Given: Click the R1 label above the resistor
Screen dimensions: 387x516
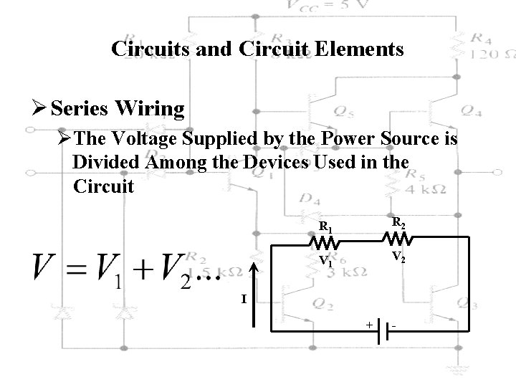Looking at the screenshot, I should coord(325,227).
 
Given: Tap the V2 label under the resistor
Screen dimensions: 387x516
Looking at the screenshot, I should coord(399,255).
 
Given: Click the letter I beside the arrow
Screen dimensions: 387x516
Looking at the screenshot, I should coord(244,298).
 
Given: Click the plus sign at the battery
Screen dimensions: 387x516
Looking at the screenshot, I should coord(368,324).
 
